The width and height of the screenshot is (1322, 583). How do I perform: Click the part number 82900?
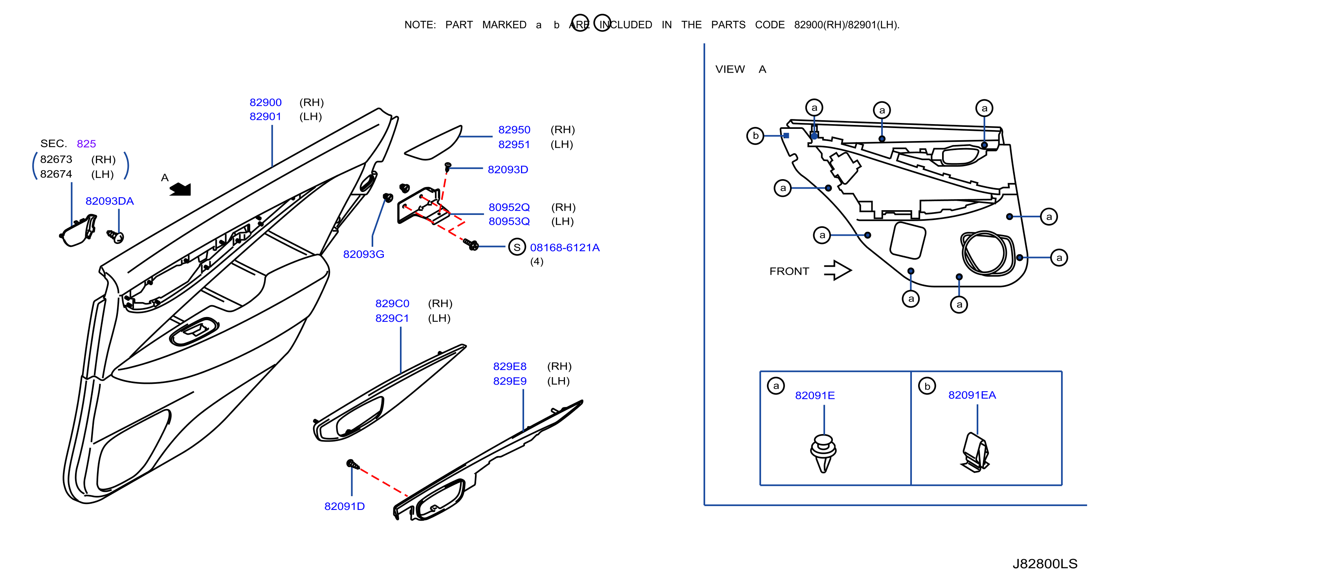point(265,103)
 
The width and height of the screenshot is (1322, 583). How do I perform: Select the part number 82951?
point(514,145)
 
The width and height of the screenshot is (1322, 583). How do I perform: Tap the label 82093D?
point(508,170)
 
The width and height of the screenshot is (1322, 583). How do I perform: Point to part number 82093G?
point(363,255)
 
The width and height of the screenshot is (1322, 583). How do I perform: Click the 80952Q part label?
point(509,207)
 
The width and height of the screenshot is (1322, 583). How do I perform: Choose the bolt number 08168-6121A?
point(565,248)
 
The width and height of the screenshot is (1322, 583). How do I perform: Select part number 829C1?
point(392,319)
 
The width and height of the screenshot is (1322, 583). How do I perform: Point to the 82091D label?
point(345,506)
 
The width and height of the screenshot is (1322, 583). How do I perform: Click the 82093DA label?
point(109,201)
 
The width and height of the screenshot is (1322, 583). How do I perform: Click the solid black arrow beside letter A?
point(180,189)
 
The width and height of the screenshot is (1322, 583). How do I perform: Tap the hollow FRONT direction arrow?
point(838,270)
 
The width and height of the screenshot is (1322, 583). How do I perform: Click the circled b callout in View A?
point(755,136)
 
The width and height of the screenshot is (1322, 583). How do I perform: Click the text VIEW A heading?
point(741,69)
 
